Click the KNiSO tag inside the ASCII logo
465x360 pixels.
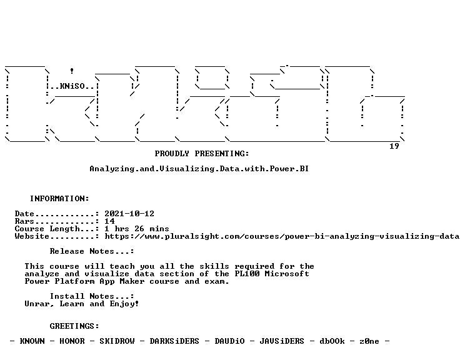[72, 86]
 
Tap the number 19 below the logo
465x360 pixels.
[394, 146]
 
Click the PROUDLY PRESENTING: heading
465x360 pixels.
[202, 154]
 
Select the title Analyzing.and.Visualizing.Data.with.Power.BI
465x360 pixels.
[199, 169]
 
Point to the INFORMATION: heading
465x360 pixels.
[59, 199]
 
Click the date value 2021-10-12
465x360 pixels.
[129, 214]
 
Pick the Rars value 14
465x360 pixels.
[109, 221]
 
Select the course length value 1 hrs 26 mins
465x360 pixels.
[137, 229]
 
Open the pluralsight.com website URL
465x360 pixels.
[282, 236]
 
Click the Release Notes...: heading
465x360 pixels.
[92, 251]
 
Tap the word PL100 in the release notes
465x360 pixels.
[247, 274]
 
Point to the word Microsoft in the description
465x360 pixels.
[287, 274]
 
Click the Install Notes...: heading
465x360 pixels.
[92, 296]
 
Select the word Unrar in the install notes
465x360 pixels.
[37, 304]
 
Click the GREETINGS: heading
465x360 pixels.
[74, 326]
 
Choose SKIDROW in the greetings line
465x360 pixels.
[117, 341]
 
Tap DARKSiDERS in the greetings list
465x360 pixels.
[174, 341]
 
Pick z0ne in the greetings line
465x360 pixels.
[369, 341]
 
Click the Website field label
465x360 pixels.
[32, 236]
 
